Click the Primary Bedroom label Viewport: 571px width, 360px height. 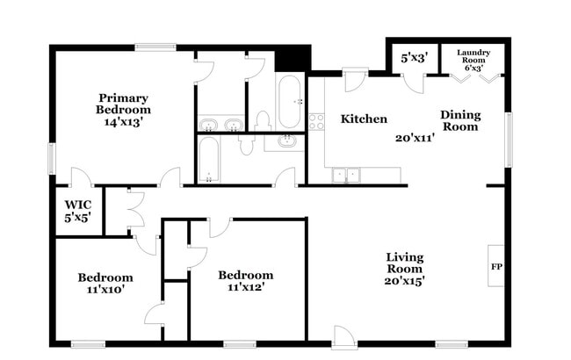click(x=123, y=104)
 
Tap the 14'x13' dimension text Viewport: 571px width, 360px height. click(x=123, y=123)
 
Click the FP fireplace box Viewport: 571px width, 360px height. click(x=495, y=266)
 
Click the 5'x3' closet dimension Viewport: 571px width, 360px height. click(x=414, y=59)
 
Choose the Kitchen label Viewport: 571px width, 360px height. click(x=364, y=119)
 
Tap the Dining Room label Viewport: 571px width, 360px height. click(x=459, y=120)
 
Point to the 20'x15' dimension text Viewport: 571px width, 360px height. click(x=405, y=281)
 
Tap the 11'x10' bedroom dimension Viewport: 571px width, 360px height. click(x=105, y=289)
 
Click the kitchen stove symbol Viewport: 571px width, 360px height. click(x=316, y=121)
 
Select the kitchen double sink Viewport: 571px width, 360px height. click(x=346, y=175)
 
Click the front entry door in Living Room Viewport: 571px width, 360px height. click(x=343, y=336)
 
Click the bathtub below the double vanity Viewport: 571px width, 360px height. click(x=209, y=159)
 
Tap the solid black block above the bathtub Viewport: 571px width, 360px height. click(x=293, y=58)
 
